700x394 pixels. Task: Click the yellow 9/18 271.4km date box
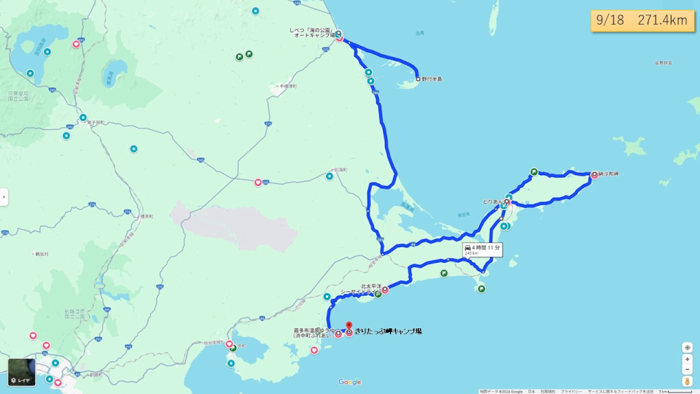pyautogui.click(x=642, y=20)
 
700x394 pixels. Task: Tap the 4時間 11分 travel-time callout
pyautogui.click(x=483, y=250)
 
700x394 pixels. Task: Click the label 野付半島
pyautogui.click(x=432, y=79)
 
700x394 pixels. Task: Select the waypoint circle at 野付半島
pyautogui.click(x=419, y=79)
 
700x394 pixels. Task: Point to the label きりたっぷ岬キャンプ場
pyautogui.click(x=388, y=331)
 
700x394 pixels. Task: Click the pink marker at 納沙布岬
pyautogui.click(x=594, y=175)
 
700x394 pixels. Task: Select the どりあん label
pyautogui.click(x=492, y=201)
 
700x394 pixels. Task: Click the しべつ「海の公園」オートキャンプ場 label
pyautogui.click(x=312, y=33)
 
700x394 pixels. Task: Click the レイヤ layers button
pyautogui.click(x=22, y=372)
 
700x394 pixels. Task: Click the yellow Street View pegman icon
pyautogui.click(x=687, y=382)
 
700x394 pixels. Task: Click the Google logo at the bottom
pyautogui.click(x=350, y=382)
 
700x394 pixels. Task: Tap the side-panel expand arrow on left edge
pyautogui.click(x=4, y=197)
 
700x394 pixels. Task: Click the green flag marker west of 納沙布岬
pyautogui.click(x=534, y=172)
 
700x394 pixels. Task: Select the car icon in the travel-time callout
pyautogui.click(x=467, y=248)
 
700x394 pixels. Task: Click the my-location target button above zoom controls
pyautogui.click(x=687, y=347)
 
